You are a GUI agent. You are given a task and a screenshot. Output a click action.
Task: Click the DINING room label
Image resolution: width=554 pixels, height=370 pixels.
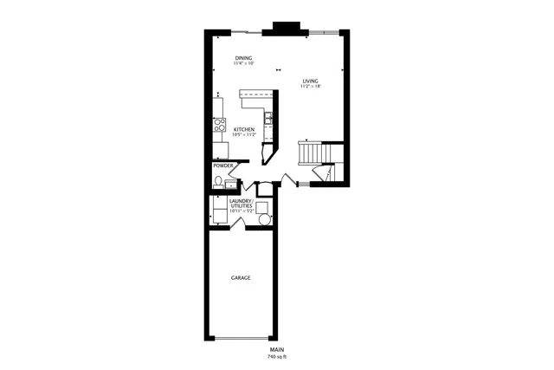click(243, 57)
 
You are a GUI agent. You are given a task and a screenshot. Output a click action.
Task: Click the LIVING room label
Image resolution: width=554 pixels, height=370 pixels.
click(309, 81)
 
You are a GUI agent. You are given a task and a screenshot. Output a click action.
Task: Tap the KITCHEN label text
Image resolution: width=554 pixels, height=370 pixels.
click(243, 128)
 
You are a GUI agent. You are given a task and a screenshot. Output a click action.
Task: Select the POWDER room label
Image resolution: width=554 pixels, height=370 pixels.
click(223, 166)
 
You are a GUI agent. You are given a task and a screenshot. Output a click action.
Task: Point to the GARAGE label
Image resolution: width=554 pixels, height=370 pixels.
click(241, 278)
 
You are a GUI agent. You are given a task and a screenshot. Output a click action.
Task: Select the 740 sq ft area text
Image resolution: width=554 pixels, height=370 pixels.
click(276, 357)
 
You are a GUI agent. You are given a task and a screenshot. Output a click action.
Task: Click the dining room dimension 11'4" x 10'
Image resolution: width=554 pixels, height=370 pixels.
click(243, 63)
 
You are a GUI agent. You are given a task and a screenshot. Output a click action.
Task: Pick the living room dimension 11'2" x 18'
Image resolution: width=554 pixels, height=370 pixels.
click(309, 87)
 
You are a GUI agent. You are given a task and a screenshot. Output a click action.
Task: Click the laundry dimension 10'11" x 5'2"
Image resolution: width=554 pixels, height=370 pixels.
click(241, 211)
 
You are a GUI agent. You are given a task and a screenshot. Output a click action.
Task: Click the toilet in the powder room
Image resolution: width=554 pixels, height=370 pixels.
click(218, 181)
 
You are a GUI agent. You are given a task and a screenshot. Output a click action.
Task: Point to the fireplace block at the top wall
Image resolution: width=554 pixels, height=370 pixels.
click(284, 28)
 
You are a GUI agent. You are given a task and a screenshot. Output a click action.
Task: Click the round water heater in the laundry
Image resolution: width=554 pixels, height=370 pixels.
click(265, 219)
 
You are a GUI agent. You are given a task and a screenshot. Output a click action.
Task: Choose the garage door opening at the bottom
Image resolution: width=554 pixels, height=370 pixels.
click(242, 338)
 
